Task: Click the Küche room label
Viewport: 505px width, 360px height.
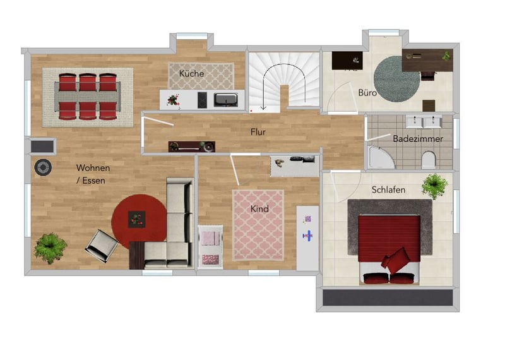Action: [x=192, y=73]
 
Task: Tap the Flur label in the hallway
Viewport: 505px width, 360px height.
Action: [x=258, y=132]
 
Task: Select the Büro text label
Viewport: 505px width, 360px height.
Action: [x=367, y=93]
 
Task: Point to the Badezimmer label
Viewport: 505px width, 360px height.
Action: [x=418, y=139]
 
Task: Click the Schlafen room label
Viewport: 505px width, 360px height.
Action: [x=388, y=190]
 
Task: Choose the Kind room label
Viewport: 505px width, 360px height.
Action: [x=259, y=209]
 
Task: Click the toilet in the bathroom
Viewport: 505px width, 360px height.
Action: [x=429, y=160]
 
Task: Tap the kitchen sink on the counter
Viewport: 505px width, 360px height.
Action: [x=226, y=100]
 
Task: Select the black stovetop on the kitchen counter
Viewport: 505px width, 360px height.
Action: [x=202, y=100]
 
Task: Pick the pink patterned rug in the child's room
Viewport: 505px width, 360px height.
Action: [x=258, y=225]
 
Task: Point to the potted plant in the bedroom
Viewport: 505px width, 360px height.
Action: [x=434, y=186]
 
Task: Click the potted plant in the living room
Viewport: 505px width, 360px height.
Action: [x=50, y=248]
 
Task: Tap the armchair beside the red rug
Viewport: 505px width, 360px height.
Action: [x=102, y=246]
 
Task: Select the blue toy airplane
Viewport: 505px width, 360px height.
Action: [x=308, y=236]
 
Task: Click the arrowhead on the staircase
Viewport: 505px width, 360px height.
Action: [x=264, y=107]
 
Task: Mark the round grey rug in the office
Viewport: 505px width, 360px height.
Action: [x=397, y=79]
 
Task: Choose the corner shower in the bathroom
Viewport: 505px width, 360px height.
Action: [x=381, y=158]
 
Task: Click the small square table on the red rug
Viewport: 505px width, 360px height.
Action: [x=137, y=220]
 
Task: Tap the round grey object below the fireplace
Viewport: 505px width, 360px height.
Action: [x=43, y=167]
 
